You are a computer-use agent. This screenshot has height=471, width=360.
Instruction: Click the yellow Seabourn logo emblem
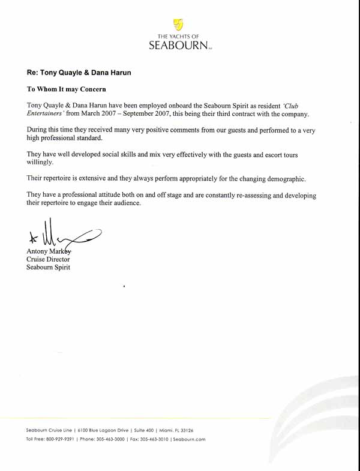[178, 24]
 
